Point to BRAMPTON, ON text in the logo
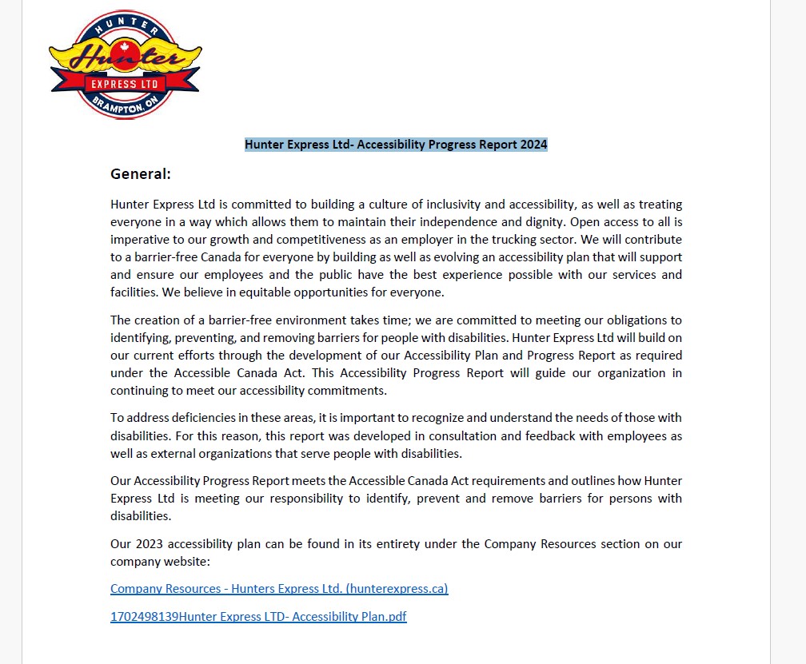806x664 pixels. [x=127, y=106]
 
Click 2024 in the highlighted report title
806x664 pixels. [x=533, y=145]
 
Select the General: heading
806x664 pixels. [x=141, y=174]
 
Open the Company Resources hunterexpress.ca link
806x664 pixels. [x=279, y=589]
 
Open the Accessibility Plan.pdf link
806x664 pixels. [x=258, y=617]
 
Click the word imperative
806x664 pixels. [x=140, y=239]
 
